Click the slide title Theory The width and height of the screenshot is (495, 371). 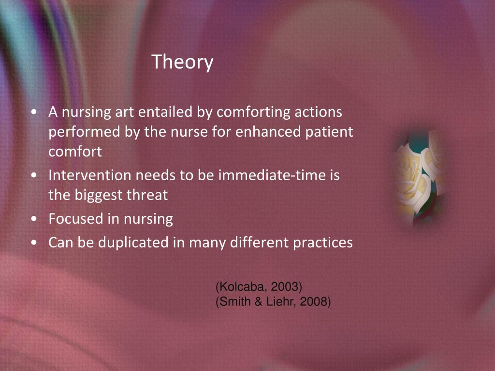pos(182,62)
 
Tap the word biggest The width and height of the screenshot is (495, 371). pos(99,195)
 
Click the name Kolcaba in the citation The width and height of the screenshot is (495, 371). pos(236,287)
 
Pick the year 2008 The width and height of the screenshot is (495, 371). pos(313,302)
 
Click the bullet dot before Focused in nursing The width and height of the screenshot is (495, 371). pos(34,219)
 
